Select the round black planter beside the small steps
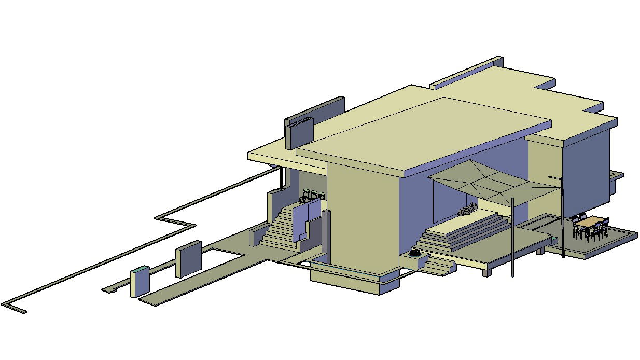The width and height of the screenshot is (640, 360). (414, 254)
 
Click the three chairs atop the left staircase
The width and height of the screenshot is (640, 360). (313, 196)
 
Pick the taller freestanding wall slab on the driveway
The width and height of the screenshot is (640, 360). (188, 258)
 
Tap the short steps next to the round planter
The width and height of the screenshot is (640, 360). (439, 266)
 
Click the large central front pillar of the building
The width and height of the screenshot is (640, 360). (358, 218)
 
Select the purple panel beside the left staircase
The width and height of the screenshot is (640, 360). (306, 220)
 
